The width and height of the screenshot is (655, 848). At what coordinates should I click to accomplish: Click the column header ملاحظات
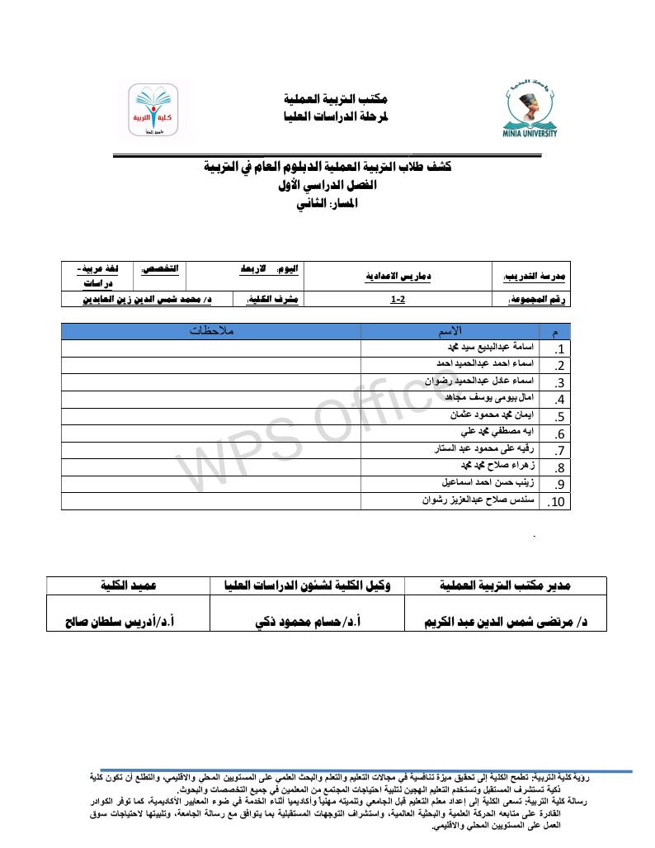(x=211, y=331)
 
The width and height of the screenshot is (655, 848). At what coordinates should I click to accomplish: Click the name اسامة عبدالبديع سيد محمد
(x=488, y=348)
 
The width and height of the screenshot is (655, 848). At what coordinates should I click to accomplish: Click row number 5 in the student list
(x=559, y=417)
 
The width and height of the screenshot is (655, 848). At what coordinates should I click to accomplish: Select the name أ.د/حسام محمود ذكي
(x=309, y=620)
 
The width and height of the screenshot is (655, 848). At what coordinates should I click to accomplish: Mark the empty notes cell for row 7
(x=211, y=450)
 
